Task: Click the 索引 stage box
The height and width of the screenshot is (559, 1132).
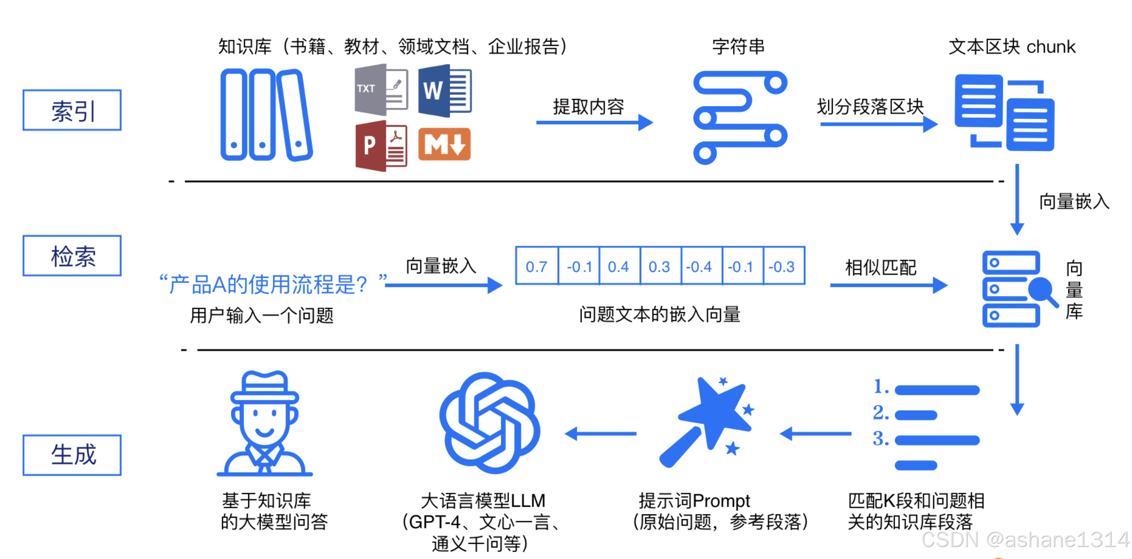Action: tap(72, 110)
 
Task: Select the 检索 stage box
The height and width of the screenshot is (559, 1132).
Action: tap(72, 256)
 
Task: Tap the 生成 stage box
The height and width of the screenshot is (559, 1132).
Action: tap(72, 455)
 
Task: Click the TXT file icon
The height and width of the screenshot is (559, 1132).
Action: tap(381, 89)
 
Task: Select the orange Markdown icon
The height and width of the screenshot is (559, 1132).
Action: tap(444, 144)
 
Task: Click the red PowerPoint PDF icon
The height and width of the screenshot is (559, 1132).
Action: tap(381, 145)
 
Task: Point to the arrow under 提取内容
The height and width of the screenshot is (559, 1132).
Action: tap(594, 122)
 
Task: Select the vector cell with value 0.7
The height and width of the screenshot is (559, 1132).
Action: tap(537, 266)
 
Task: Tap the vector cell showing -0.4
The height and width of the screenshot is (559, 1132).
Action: tap(701, 266)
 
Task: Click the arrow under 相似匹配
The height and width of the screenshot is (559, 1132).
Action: tap(888, 285)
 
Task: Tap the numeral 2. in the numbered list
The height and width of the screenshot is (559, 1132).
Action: tap(881, 413)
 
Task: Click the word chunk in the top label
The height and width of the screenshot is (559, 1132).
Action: tap(1051, 47)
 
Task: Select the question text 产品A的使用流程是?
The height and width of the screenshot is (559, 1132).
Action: tap(268, 285)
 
